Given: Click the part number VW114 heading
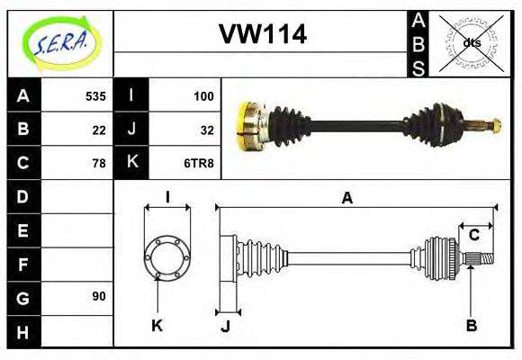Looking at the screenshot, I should [x=263, y=35].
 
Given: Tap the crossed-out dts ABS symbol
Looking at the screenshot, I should [x=471, y=42].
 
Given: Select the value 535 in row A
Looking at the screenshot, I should [x=95, y=95].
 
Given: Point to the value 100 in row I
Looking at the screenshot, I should [x=202, y=95].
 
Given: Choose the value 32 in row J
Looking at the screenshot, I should [x=206, y=129].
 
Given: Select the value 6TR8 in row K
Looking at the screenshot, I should [x=199, y=163].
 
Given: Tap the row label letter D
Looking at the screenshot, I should [x=23, y=196].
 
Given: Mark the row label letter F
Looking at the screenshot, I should [x=23, y=264].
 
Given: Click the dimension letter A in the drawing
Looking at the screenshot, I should [x=347, y=198].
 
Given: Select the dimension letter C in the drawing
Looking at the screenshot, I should [x=473, y=236].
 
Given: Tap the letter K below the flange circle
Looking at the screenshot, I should [x=157, y=326].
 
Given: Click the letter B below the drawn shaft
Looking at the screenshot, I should [x=471, y=326].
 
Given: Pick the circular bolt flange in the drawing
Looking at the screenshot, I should [x=167, y=257].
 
